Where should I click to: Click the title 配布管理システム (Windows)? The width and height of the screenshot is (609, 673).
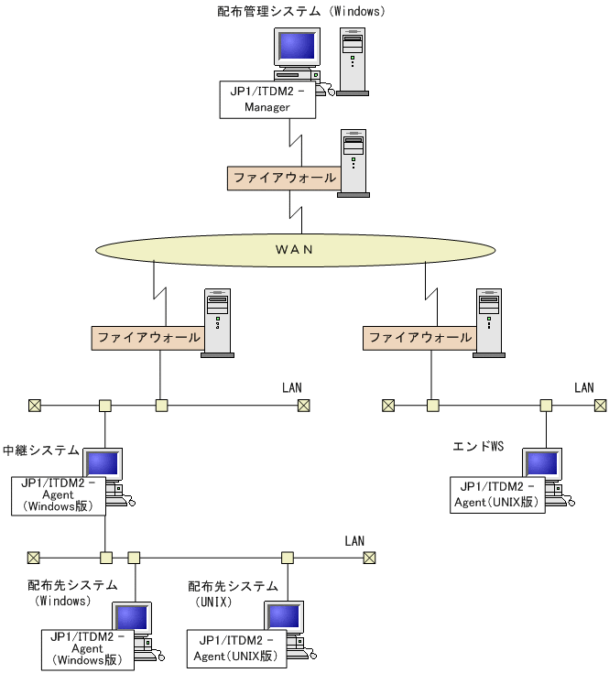[301, 12]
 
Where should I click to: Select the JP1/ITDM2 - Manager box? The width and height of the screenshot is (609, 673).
[267, 99]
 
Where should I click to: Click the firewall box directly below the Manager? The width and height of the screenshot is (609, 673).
[284, 178]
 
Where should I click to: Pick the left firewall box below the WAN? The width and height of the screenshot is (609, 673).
[147, 337]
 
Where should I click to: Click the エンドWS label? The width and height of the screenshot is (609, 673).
[478, 447]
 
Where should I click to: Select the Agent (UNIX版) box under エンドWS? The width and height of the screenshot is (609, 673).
[497, 494]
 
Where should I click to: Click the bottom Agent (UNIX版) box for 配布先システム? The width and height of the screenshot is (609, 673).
[234, 648]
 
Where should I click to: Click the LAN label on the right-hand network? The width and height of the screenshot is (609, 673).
[583, 388]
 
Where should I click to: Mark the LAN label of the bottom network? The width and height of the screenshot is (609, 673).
[354, 541]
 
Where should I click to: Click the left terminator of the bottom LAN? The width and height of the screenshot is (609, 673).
[34, 557]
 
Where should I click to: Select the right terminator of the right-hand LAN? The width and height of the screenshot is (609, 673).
[600, 405]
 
